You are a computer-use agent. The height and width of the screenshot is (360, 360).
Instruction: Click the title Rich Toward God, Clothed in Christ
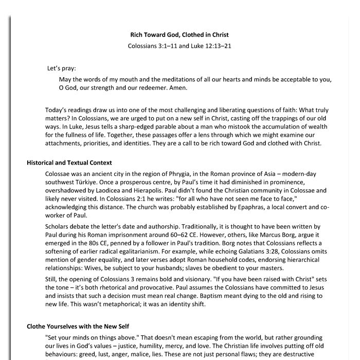coord(179,35)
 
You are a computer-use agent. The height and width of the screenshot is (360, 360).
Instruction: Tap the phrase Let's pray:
coord(62,68)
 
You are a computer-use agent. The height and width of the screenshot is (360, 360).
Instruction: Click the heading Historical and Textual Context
coord(69,163)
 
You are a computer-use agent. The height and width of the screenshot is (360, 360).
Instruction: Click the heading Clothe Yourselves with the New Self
coord(78,327)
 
